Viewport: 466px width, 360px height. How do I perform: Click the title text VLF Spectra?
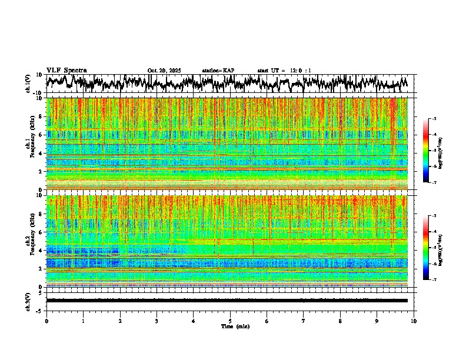pos(66,71)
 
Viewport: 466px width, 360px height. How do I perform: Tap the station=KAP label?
pos(218,71)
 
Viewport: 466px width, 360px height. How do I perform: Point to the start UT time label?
pos(284,71)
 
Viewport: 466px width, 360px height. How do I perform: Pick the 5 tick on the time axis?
pos(230,321)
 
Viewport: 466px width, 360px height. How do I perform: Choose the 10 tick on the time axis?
pos(414,321)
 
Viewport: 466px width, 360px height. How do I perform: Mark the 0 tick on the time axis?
pos(46,321)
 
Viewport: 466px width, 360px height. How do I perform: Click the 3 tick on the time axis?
pos(157,321)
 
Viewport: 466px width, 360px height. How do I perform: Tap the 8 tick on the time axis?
pos(340,321)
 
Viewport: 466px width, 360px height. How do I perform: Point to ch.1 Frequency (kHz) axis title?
pos(29,144)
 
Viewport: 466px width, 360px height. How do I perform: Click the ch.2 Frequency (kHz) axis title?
pos(29,241)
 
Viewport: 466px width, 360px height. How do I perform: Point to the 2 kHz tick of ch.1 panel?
pos(41,172)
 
